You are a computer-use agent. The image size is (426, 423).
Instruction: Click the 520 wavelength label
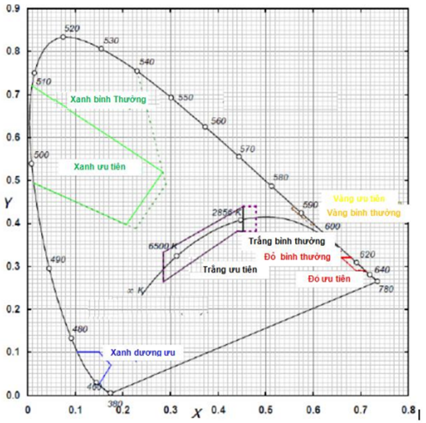click(71, 28)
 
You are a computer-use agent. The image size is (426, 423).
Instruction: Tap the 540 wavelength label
click(147, 62)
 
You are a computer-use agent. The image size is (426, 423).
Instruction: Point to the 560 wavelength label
click(218, 121)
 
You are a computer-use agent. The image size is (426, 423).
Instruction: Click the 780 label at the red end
click(386, 289)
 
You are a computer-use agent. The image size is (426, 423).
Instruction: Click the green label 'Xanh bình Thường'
click(107, 100)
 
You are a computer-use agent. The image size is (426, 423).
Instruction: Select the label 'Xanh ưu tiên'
click(99, 167)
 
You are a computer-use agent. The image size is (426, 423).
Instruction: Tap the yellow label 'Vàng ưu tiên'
click(359, 199)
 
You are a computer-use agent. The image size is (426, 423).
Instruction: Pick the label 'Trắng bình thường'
click(282, 242)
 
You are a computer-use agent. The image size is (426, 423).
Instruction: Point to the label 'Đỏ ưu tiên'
click(329, 279)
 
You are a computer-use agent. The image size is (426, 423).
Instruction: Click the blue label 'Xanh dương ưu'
click(142, 353)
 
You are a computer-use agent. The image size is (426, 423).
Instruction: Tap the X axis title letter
click(196, 414)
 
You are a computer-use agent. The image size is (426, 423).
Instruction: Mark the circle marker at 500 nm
click(30, 164)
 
